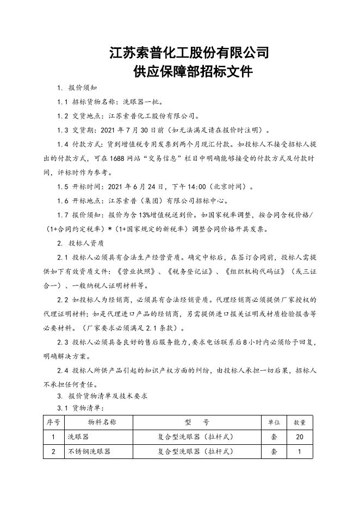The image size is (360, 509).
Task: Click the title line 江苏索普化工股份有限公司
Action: tap(189, 53)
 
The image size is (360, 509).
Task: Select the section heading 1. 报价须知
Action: tap(78, 88)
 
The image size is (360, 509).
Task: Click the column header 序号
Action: tap(53, 422)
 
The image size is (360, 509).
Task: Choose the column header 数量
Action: tap(300, 422)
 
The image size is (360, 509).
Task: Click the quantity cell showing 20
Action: tap(300, 437)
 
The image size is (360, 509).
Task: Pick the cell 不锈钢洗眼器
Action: tap(89, 451)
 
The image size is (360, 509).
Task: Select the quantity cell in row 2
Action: tap(300, 451)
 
